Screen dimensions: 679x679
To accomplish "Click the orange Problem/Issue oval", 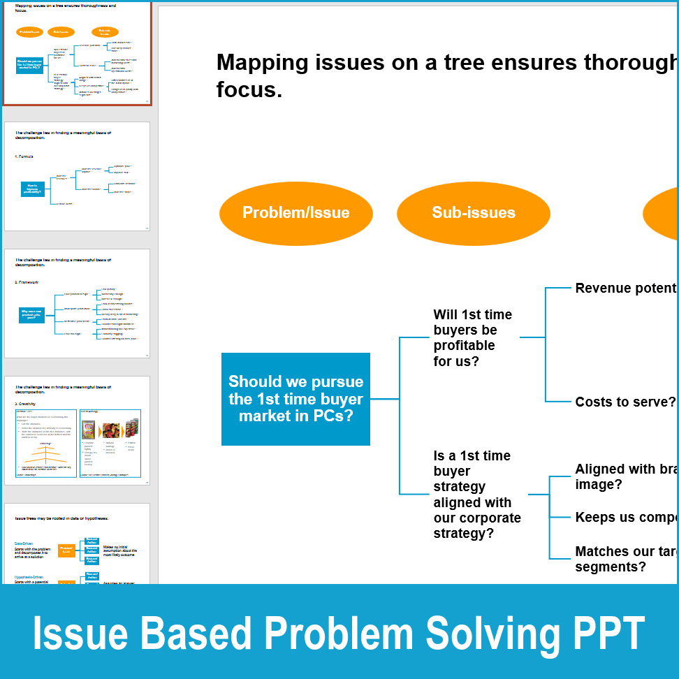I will pyautogui.click(x=295, y=213).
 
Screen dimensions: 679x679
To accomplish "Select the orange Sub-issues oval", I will pyautogui.click(x=473, y=213).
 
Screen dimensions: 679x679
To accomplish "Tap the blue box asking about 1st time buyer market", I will pyautogui.click(x=295, y=399).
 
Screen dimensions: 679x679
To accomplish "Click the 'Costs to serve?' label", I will pyautogui.click(x=625, y=402).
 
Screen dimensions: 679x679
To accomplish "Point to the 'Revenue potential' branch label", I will pyautogui.click(x=625, y=289).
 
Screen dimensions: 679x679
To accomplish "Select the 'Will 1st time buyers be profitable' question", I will pyautogui.click(x=472, y=338).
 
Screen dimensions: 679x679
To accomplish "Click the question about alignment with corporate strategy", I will pyautogui.click(x=476, y=495).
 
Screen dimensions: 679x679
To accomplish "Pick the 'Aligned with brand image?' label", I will pyautogui.click(x=625, y=476).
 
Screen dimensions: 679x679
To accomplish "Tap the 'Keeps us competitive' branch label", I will pyautogui.click(x=625, y=518).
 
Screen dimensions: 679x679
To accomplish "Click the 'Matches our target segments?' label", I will pyautogui.click(x=625, y=559).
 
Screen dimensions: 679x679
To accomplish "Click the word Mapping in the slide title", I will pyautogui.click(x=263, y=63).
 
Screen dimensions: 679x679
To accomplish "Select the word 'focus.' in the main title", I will pyautogui.click(x=249, y=90).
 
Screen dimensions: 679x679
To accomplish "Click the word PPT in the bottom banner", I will pyautogui.click(x=607, y=634).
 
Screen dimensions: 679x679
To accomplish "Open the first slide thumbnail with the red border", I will pyautogui.click(x=77, y=54).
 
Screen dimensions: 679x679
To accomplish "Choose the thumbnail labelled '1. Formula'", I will pyautogui.click(x=77, y=177).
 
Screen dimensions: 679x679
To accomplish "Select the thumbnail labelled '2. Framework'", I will pyautogui.click(x=77, y=304).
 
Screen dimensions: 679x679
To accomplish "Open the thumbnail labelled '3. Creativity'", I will pyautogui.click(x=77, y=431).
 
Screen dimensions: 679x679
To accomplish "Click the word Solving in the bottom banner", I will pyautogui.click(x=493, y=634).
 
